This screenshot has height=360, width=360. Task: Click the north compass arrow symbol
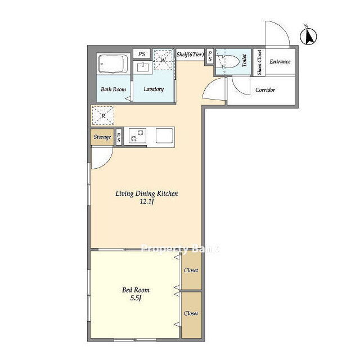pyautogui.click(x=308, y=36)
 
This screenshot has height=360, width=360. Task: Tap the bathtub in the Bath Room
pyautogui.click(x=114, y=64)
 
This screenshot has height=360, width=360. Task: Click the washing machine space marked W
pyautogui.click(x=163, y=60)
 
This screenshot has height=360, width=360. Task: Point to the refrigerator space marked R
pyautogui.click(x=103, y=115)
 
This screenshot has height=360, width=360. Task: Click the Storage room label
pyautogui.click(x=102, y=137)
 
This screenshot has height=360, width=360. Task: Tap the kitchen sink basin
pyautogui.click(x=164, y=136)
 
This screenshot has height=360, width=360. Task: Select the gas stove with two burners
pyautogui.click(x=137, y=136)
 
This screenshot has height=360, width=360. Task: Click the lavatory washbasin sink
pyautogui.click(x=143, y=67)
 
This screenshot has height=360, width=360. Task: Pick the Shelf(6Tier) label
pyautogui.click(x=190, y=55)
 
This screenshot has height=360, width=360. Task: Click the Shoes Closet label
pyautogui.click(x=259, y=62)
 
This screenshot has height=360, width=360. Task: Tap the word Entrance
pyautogui.click(x=280, y=61)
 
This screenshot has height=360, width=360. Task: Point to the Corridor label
pyautogui.click(x=265, y=90)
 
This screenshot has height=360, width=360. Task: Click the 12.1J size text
pyautogui.click(x=146, y=202)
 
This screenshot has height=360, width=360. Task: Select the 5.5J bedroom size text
pyautogui.click(x=136, y=298)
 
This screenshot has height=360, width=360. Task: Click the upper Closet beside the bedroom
pyautogui.click(x=191, y=271)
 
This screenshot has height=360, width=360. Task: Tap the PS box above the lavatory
pyautogui.click(x=142, y=54)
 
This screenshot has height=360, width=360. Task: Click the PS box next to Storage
pyautogui.click(x=119, y=137)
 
